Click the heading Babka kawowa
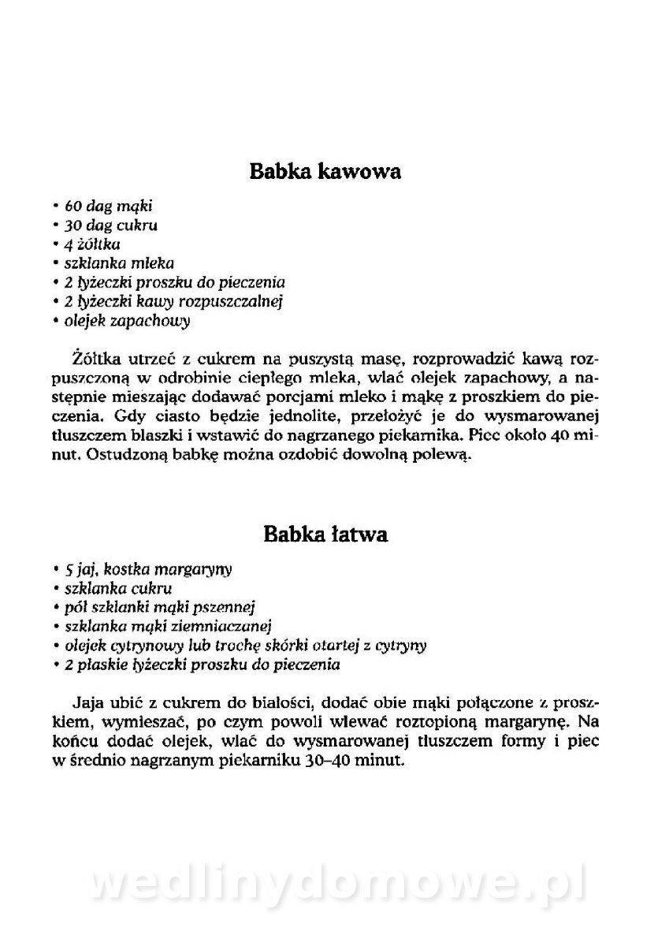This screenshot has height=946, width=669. (x=325, y=171)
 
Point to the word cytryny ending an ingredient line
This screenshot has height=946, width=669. (x=401, y=646)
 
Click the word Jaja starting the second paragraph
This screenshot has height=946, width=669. (x=87, y=702)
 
